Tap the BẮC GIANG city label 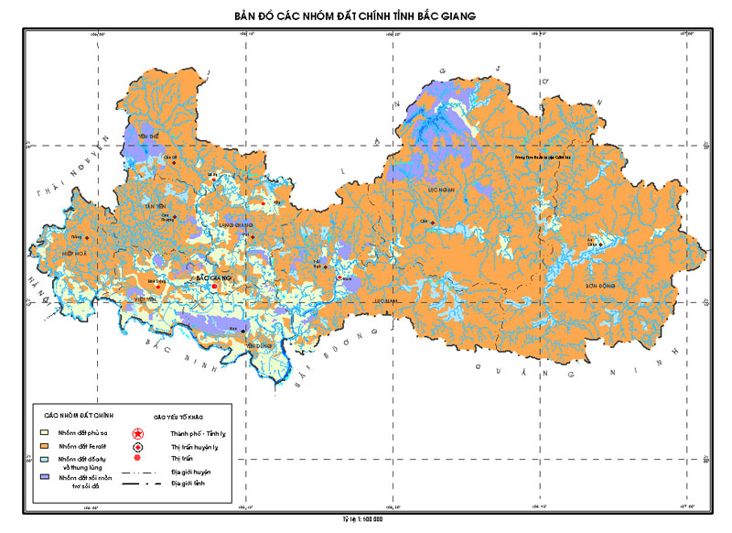pos(215,276)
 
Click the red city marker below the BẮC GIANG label pos(215,287)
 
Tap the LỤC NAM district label pos(385,299)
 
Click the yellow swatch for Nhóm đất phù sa pos(43,430)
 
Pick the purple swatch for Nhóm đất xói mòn pos(43,477)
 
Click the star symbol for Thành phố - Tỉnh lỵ pos(138,431)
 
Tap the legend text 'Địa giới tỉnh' pos(188,483)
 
